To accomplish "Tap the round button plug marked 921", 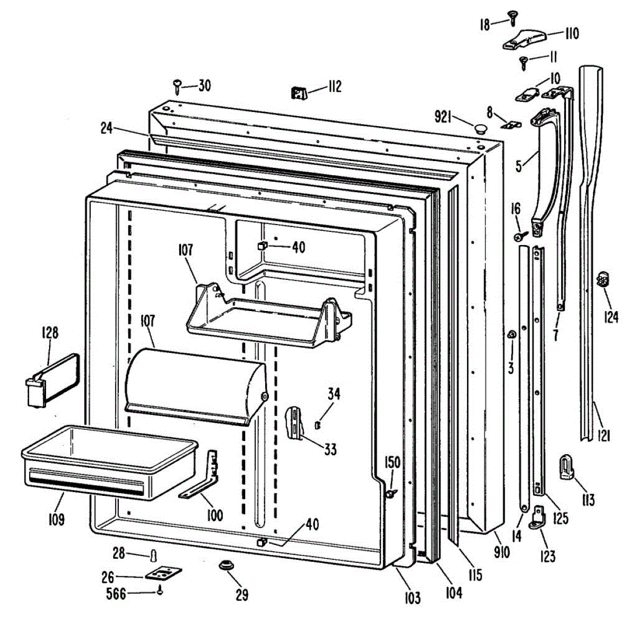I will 480,127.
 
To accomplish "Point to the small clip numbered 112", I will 299,93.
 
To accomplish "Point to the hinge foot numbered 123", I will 538,516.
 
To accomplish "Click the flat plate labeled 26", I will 163,575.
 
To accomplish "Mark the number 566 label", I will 116,594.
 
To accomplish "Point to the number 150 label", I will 392,463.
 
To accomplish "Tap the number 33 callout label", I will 330,449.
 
